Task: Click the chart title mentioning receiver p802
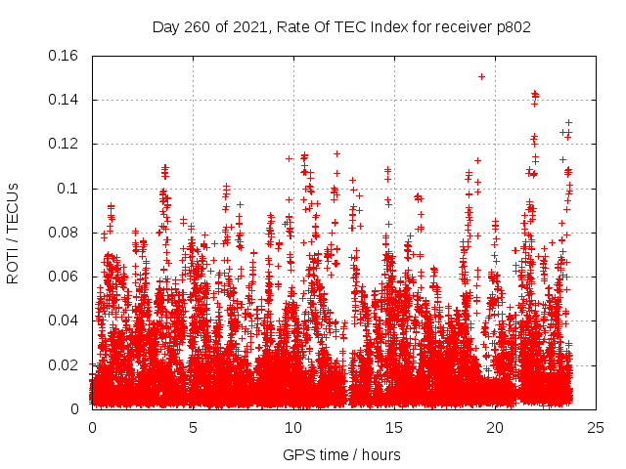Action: [341, 27]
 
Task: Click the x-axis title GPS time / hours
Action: [341, 454]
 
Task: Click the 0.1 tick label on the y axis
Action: [68, 189]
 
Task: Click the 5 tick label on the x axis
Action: [193, 428]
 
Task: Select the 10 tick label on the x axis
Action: [293, 428]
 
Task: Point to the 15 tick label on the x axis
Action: [394, 428]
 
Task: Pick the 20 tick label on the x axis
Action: [495, 428]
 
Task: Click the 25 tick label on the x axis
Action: [596, 428]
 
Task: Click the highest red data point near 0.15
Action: [481, 76]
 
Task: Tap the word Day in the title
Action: [165, 27]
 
